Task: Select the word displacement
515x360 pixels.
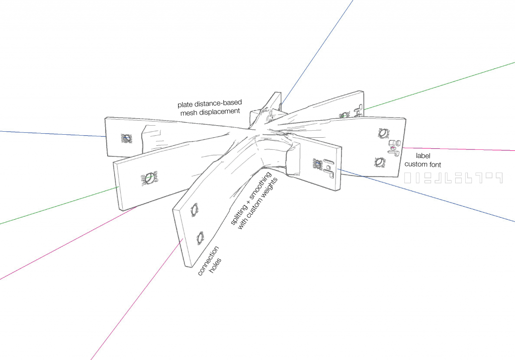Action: coord(218,112)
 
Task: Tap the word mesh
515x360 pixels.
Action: coord(189,113)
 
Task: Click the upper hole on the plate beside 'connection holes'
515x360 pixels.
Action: coord(194,210)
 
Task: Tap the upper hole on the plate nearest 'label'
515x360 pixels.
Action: coord(382,133)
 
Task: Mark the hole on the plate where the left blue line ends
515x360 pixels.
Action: coord(126,138)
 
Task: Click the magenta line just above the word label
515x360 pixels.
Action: coord(453,149)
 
